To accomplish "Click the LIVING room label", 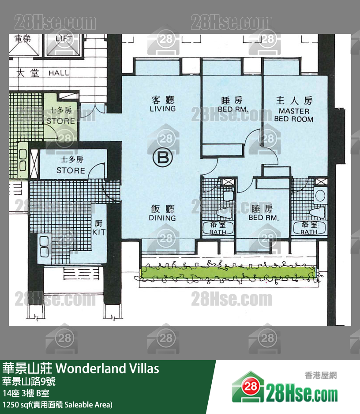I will (162, 109).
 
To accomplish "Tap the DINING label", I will (162, 218).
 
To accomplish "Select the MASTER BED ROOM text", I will (293, 115).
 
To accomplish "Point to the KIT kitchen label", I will (99, 232).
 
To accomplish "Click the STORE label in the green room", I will (60, 120).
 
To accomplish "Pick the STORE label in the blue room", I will (71, 170).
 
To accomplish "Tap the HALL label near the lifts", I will (59, 73).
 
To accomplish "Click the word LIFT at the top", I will (64, 39).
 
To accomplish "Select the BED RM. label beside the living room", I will (233, 109).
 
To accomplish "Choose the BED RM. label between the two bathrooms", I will (262, 218).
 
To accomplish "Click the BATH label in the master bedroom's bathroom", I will (308, 232).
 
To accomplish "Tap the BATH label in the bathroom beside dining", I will (217, 232).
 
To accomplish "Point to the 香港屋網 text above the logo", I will (320, 375).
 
